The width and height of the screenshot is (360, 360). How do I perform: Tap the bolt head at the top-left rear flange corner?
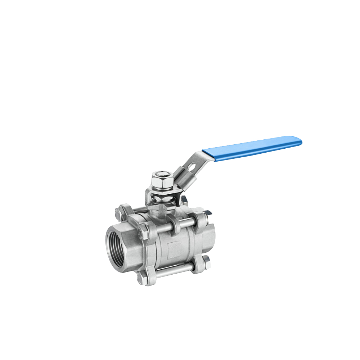tap(120, 212)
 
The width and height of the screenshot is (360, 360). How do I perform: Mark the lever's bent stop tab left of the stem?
tap(148, 196)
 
